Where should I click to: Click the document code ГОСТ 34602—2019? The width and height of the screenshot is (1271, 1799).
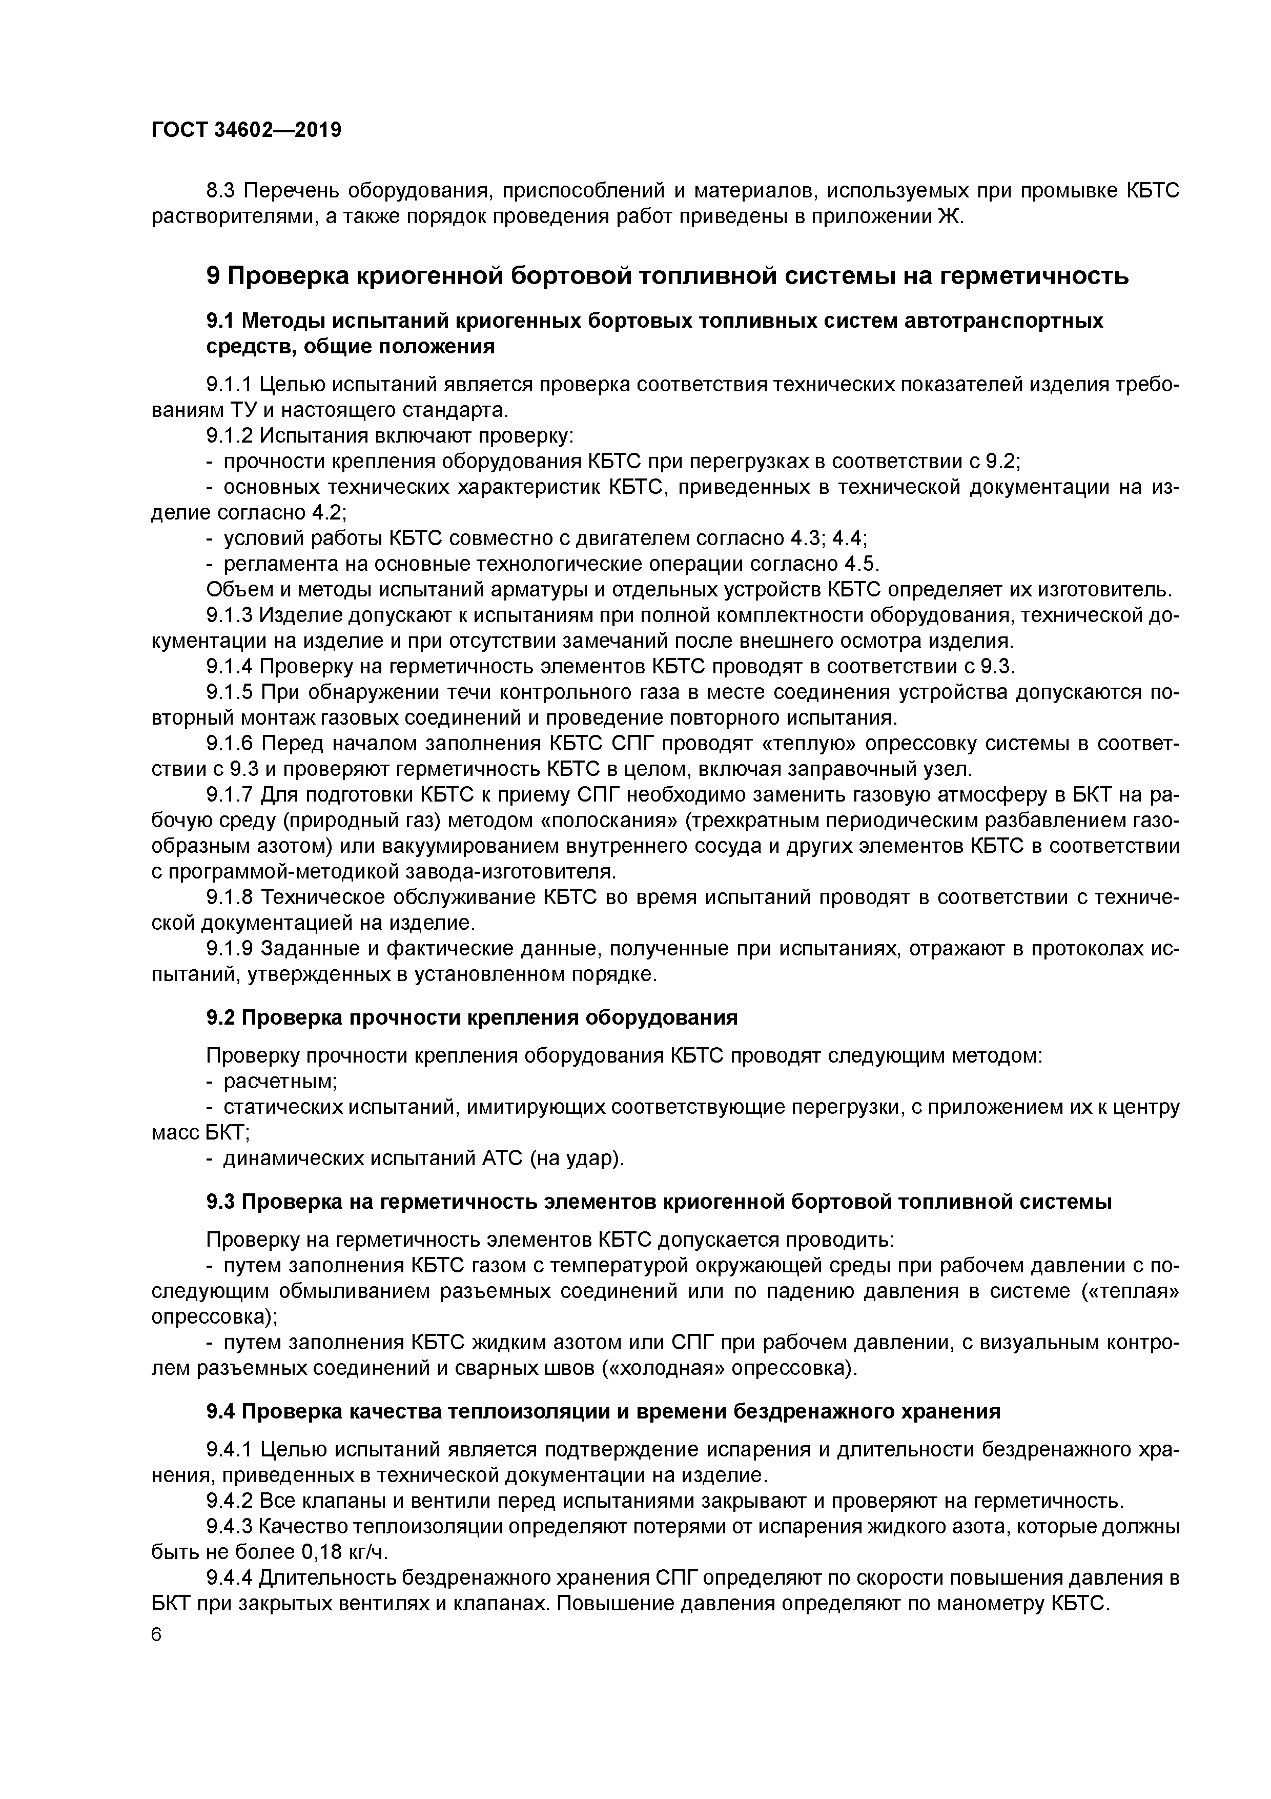pyautogui.click(x=246, y=130)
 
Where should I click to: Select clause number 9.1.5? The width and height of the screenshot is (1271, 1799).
pyautogui.click(x=230, y=693)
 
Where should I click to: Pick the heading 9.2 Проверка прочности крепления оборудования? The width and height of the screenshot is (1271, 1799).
pyautogui.click(x=471, y=1018)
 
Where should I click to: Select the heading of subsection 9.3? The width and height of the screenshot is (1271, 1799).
pyautogui.click(x=659, y=1202)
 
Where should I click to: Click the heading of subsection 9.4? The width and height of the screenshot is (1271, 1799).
pyautogui.click(x=603, y=1411)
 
